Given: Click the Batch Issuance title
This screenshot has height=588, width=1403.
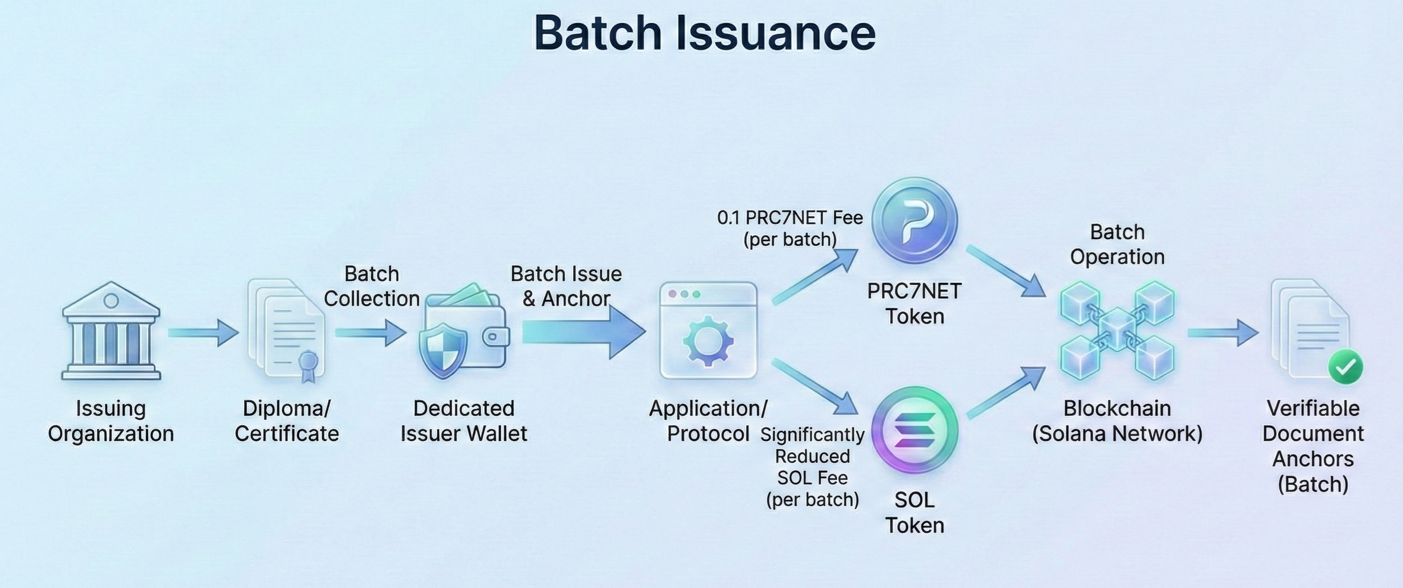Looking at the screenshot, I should (x=704, y=32).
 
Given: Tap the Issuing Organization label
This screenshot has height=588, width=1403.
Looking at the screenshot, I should (x=111, y=421).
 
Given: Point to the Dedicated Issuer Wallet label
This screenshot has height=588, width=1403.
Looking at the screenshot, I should (x=464, y=421).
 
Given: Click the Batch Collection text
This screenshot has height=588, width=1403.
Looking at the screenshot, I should (x=371, y=286).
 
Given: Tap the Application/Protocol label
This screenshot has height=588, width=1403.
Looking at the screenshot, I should (x=708, y=421).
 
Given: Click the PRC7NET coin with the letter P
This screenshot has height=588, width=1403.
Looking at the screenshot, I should (x=915, y=221).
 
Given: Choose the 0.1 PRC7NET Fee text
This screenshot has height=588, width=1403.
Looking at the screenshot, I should (x=790, y=228).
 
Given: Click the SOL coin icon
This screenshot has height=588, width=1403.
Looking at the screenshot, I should (x=915, y=431).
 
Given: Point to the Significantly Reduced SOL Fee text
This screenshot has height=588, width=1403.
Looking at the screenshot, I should (x=812, y=466).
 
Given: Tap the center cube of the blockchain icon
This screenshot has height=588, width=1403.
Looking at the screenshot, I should (x=1117, y=328).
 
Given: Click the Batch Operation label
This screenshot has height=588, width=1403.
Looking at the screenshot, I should (x=1117, y=244).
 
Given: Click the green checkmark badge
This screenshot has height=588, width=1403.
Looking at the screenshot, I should (x=1345, y=367).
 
